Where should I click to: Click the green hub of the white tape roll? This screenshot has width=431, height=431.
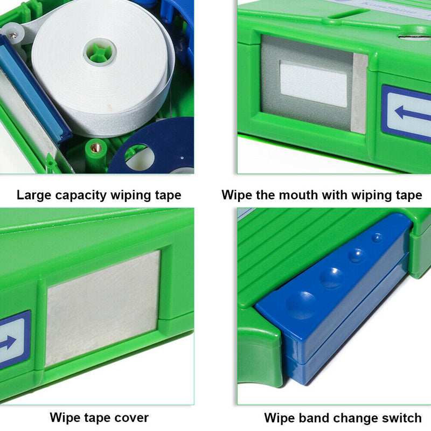click(x=101, y=53)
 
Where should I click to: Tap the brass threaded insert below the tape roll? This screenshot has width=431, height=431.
click(x=95, y=147)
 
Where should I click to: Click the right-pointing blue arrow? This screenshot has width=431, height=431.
click(x=9, y=341)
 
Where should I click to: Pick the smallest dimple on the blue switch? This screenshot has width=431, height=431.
click(x=378, y=237)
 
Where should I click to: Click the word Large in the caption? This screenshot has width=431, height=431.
click(x=33, y=195)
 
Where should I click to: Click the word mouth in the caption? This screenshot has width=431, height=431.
click(x=298, y=195)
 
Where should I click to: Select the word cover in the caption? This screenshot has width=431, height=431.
click(x=131, y=417)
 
